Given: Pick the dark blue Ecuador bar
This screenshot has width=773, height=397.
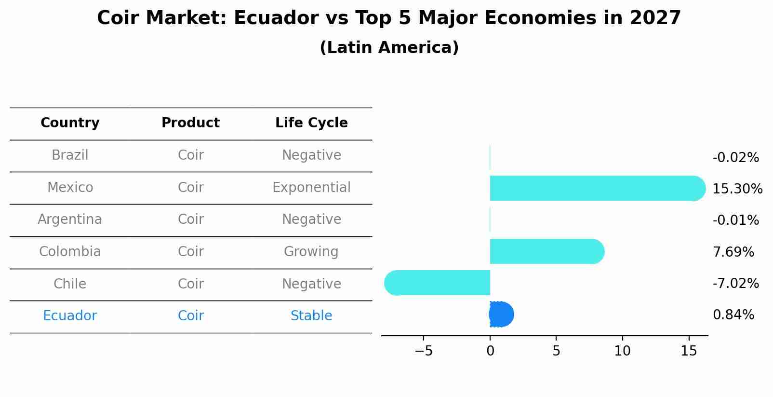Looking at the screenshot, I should click(501, 315).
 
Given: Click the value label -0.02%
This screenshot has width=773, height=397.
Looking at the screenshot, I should click(735, 158).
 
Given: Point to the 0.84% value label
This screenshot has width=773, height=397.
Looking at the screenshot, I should click(733, 315).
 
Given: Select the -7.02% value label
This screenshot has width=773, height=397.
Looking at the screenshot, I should click(735, 283).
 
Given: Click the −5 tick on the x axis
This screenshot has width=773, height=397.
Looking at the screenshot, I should click(424, 351).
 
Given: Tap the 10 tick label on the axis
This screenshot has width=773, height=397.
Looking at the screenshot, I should click(622, 351).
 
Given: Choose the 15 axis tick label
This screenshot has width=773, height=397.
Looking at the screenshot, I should click(689, 351).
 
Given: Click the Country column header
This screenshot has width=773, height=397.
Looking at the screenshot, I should click(70, 123).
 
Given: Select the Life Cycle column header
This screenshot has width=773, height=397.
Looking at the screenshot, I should click(311, 123).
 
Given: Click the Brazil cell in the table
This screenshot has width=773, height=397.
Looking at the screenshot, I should click(70, 155).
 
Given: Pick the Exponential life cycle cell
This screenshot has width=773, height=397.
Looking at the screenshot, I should click(311, 188).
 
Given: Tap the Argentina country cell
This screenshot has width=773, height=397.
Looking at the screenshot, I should click(70, 219).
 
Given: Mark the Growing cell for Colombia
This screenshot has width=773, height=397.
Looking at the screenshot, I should click(311, 252).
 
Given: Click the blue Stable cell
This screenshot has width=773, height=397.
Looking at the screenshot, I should click(311, 316).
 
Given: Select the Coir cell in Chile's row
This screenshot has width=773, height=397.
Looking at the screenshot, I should click(191, 284).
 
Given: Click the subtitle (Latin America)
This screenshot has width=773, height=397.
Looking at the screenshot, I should click(389, 48).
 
